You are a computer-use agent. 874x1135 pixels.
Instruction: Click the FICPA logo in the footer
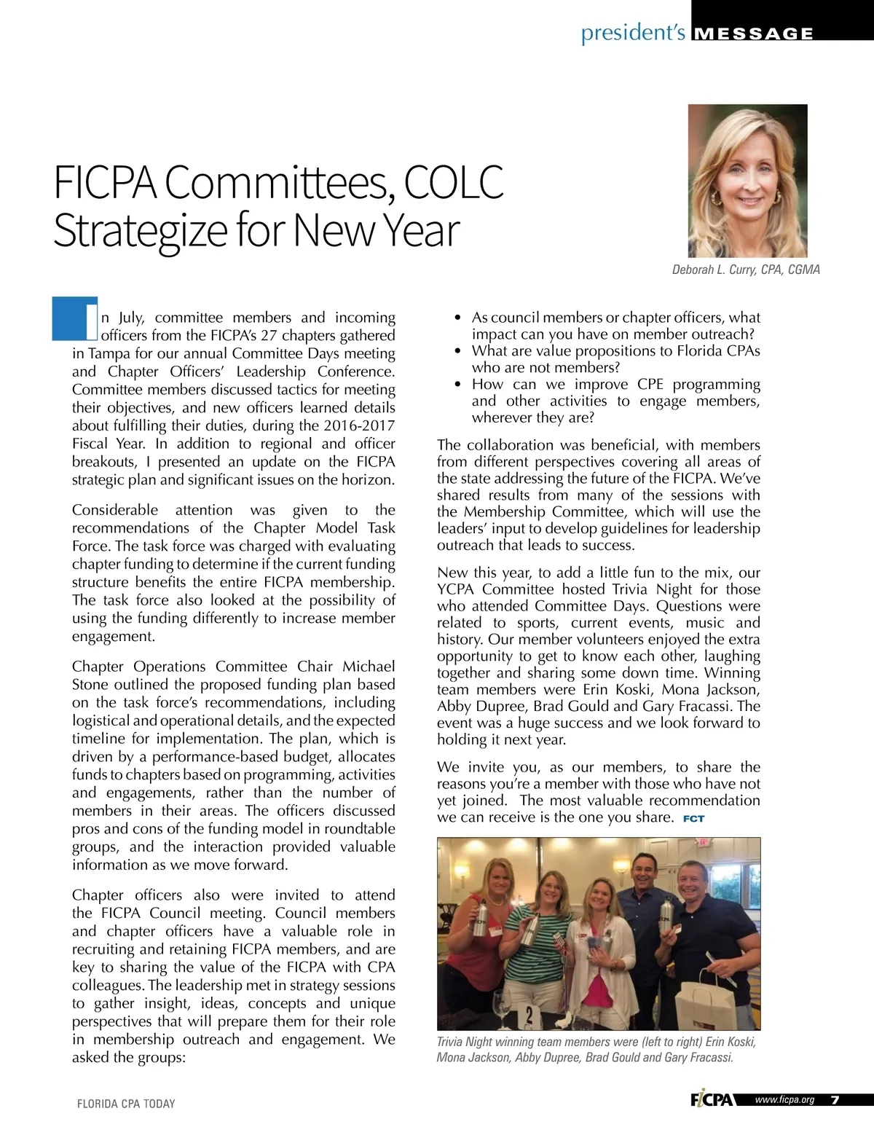[712, 1100]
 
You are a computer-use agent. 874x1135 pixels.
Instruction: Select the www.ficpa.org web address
[784, 1100]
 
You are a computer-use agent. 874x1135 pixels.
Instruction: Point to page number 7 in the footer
[835, 1100]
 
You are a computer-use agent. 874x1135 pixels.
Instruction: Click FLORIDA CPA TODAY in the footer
[126, 1104]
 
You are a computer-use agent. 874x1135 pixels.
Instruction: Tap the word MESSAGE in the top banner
[755, 34]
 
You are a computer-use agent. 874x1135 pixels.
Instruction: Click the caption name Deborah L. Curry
[714, 270]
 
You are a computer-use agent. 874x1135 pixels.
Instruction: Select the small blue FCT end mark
[693, 819]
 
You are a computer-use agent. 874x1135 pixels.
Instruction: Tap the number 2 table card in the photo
[529, 1014]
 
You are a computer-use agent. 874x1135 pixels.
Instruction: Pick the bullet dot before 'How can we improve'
[457, 385]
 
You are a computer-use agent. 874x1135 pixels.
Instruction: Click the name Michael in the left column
[369, 667]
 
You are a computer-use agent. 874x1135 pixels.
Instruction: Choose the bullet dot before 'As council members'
[457, 318]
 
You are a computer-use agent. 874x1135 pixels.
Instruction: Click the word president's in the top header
[633, 33]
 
